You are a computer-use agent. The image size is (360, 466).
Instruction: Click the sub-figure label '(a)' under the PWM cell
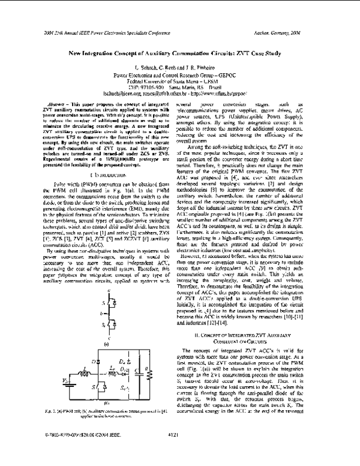click(x=106, y=345)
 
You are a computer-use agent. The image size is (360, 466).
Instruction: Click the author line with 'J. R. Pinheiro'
click(x=179, y=69)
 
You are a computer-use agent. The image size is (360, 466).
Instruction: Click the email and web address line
click(x=179, y=94)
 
